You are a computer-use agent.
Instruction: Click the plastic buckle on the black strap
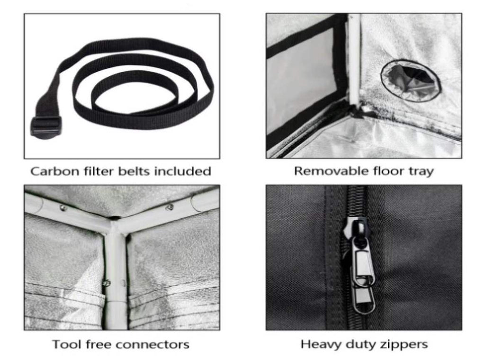pos(45,127)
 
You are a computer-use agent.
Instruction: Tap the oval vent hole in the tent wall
pos(411,81)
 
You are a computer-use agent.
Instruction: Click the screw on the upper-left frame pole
pos(63,208)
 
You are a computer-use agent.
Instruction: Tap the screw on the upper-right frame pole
pos(170,207)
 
